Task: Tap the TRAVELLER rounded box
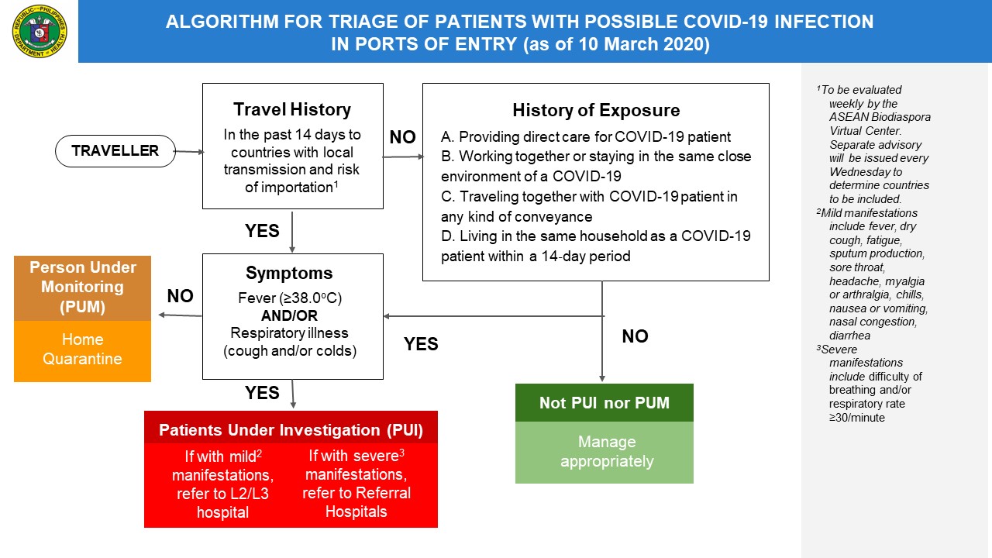pyautogui.click(x=115, y=151)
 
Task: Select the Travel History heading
pyautogui.click(x=292, y=109)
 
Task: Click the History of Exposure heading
pyautogui.click(x=595, y=110)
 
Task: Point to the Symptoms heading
pyautogui.click(x=289, y=273)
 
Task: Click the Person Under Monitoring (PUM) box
pyautogui.click(x=82, y=288)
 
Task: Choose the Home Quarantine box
pyautogui.click(x=82, y=350)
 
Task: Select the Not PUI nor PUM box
pyautogui.click(x=604, y=403)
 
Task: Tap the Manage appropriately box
pyautogui.click(x=604, y=452)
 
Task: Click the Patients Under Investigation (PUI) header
pyautogui.click(x=291, y=430)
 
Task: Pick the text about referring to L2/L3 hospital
pyautogui.click(x=222, y=484)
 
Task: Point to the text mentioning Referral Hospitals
pyautogui.click(x=356, y=484)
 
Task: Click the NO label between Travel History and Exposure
pyautogui.click(x=402, y=138)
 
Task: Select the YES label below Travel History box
pyautogui.click(x=262, y=231)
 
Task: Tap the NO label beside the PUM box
pyautogui.click(x=180, y=296)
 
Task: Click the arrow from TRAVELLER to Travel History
pyautogui.click(x=188, y=152)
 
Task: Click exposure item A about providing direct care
pyautogui.click(x=585, y=137)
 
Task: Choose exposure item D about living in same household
pyautogui.click(x=595, y=246)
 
